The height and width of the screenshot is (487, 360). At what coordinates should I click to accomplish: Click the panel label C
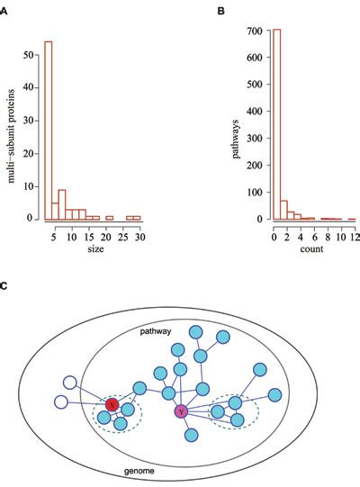click(4, 285)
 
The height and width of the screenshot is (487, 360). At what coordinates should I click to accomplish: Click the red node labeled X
click(112, 405)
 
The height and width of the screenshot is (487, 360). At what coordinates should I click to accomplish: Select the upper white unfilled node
click(69, 383)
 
